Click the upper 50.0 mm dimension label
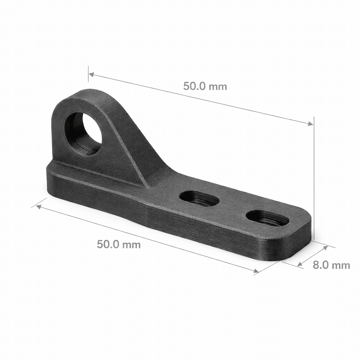coord(205,86)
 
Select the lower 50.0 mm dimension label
coord(119,244)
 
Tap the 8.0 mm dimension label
coord(331,265)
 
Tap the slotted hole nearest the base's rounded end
coord(267,218)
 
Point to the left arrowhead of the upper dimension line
coord(91,74)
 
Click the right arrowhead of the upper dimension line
coord(310,124)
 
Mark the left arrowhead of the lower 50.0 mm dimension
coord(39,207)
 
